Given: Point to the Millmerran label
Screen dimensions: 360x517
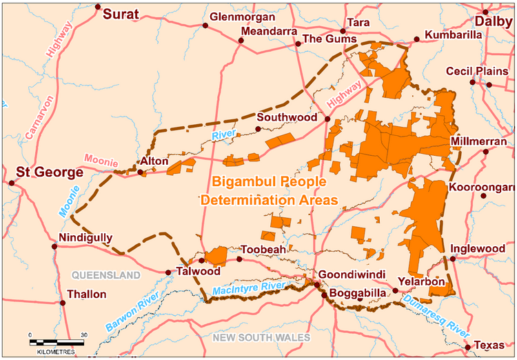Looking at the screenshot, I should [481, 142].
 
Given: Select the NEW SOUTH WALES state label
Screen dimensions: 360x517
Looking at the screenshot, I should [261, 337].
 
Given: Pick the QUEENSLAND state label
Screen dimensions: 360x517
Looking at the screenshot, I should [107, 275].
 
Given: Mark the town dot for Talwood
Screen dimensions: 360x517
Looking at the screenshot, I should [168, 272].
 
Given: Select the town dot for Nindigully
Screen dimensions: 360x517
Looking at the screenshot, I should [54, 246].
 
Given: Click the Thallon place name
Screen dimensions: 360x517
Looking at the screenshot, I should [87, 294].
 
